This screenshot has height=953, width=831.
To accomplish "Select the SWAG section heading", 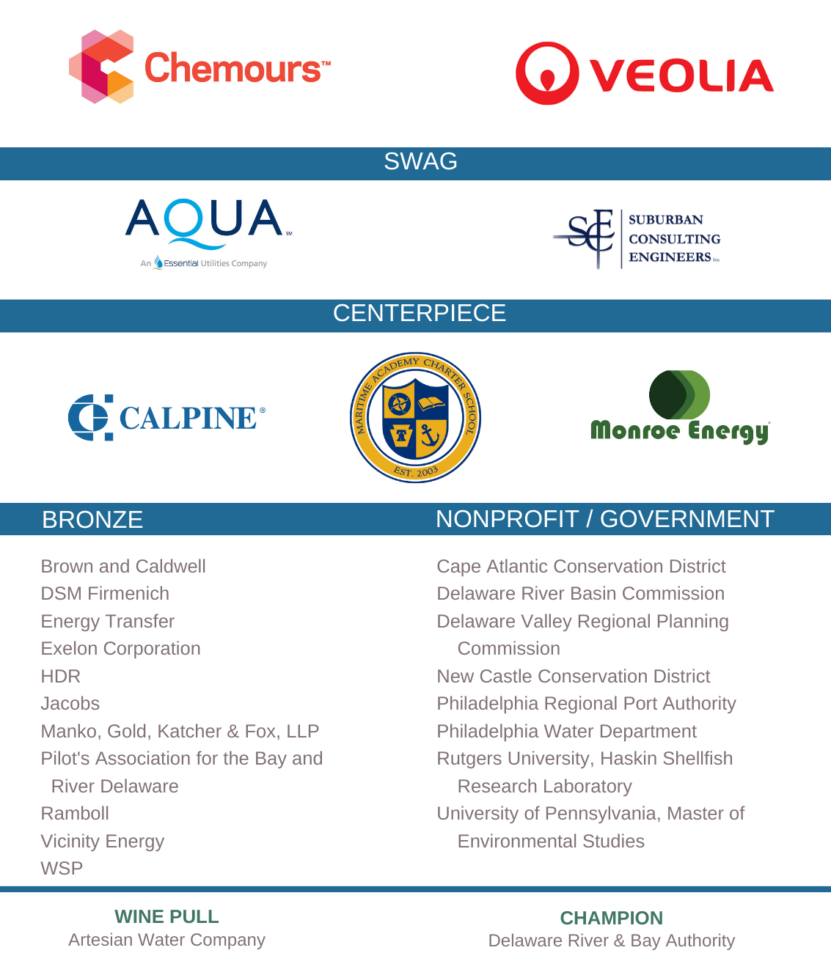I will pos(420,161).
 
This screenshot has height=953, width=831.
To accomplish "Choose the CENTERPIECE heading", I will pos(419,313).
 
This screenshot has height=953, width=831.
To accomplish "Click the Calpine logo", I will pos(166,417).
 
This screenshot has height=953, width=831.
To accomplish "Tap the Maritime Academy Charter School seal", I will pos(415,417).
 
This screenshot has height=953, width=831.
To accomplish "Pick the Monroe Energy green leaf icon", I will pos(679,395).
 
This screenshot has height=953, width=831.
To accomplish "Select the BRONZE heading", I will pos(92,520).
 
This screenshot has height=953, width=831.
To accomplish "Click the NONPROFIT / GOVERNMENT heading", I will pos(604,519).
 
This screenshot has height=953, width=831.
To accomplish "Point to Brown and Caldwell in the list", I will pos(123,567).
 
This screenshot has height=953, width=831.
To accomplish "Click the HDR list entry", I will pos(61,676).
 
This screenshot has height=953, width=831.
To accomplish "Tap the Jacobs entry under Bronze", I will pos(70,704).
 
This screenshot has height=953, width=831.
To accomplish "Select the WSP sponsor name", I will pos(62,869).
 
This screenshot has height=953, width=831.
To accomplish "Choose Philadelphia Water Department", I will pos(566,732).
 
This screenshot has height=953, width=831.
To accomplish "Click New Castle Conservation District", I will pos(573,677).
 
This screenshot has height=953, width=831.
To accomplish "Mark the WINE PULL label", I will pos(166,916).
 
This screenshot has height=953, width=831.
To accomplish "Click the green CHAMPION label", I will pos(611,918).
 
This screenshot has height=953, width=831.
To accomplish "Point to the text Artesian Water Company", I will pos(166,940).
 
